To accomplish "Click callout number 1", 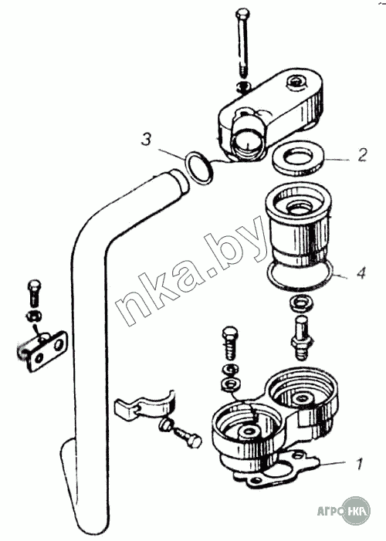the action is [x=359, y=463].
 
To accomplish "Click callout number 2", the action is [x=361, y=155].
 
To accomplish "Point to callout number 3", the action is [x=147, y=139].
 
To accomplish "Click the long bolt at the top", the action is [x=242, y=44].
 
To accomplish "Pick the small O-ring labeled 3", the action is [x=198, y=167].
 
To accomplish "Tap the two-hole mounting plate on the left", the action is [x=44, y=351].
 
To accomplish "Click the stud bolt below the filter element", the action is [x=301, y=339].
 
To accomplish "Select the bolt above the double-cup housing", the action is [x=230, y=343].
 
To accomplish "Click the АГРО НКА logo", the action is [x=344, y=511].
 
